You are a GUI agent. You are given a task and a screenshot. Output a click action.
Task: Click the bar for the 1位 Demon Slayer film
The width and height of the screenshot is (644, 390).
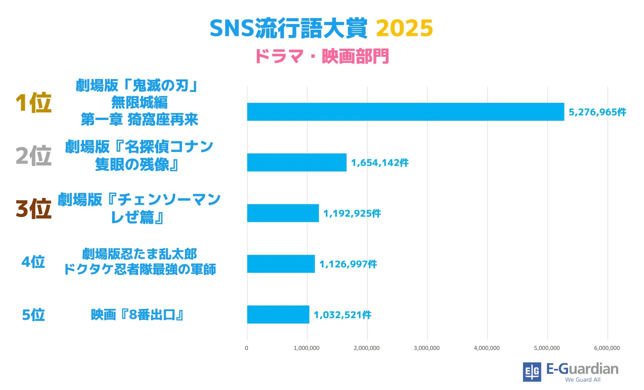click(x=406, y=112)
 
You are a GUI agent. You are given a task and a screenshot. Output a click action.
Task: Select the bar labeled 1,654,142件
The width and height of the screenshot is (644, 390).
click(x=297, y=163)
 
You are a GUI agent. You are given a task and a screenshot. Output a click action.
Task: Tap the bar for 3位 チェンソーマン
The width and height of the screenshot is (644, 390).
click(x=283, y=213)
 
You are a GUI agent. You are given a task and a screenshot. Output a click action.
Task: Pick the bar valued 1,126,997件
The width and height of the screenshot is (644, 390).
click(x=281, y=264)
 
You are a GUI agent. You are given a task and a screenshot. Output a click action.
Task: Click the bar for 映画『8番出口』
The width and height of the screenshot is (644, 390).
click(x=278, y=315)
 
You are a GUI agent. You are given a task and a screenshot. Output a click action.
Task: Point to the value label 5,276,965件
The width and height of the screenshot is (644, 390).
click(x=597, y=112)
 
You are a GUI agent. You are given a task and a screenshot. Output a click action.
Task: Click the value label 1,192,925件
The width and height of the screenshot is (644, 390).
click(x=352, y=213)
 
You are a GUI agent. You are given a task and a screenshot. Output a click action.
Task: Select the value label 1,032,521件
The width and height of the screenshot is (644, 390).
click(x=342, y=315)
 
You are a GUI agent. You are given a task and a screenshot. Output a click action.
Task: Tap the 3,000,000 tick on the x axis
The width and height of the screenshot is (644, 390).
click(x=427, y=348)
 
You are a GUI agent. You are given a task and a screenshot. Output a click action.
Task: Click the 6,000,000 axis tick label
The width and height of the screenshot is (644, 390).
click(x=607, y=348)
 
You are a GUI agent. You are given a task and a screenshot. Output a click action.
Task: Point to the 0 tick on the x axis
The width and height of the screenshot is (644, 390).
click(x=246, y=348)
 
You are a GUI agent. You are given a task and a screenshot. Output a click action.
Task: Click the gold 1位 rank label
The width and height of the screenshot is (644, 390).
click(x=33, y=103)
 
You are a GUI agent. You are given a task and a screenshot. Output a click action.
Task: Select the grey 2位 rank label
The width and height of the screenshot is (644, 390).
click(x=33, y=156)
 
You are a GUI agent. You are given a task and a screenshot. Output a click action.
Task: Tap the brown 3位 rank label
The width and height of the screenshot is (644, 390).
click(x=33, y=209)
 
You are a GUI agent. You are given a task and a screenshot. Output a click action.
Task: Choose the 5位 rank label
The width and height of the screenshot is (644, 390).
click(x=33, y=315)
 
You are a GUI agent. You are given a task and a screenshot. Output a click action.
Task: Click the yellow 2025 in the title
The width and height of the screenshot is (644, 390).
click(x=404, y=28)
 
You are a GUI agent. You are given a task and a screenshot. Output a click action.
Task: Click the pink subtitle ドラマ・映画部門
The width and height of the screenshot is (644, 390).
click(x=322, y=56)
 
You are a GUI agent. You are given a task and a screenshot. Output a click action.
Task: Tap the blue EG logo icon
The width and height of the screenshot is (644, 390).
click(x=532, y=372)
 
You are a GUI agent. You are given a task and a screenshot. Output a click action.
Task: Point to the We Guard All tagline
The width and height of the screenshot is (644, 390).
click(x=583, y=379)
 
